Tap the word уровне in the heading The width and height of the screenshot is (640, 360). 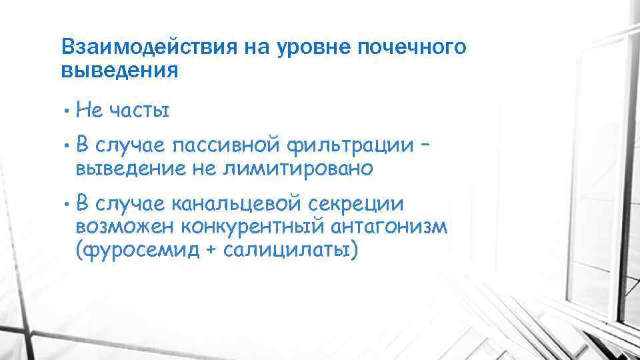[x=307, y=47]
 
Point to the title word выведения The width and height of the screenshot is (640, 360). [x=119, y=70]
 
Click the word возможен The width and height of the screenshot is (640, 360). [x=124, y=227]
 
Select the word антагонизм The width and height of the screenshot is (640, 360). [x=389, y=227]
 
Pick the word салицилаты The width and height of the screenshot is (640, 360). [x=285, y=251]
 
